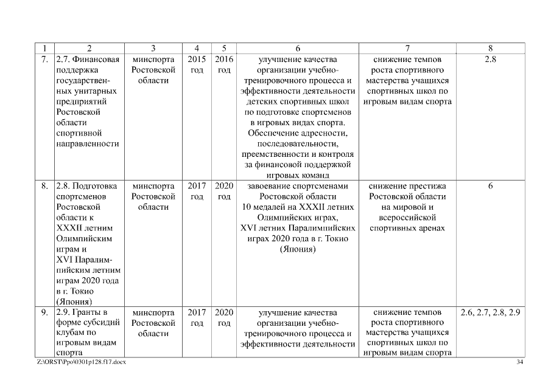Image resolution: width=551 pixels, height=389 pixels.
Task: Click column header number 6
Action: pyautogui.click(x=298, y=48)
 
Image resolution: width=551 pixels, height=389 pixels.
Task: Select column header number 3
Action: pyautogui.click(x=153, y=48)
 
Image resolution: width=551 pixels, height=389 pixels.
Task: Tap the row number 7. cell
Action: pyautogui.click(x=44, y=60)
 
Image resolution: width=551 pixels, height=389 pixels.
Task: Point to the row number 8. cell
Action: pyautogui.click(x=44, y=186)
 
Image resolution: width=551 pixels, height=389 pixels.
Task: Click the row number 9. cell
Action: pyautogui.click(x=44, y=312)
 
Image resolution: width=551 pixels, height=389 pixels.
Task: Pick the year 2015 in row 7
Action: pyautogui.click(x=197, y=60)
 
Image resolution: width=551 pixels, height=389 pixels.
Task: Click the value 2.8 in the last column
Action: pyautogui.click(x=490, y=60)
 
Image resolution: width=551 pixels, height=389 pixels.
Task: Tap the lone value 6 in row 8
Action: pyautogui.click(x=490, y=186)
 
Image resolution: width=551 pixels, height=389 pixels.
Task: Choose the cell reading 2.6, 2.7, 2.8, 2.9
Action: pyautogui.click(x=490, y=312)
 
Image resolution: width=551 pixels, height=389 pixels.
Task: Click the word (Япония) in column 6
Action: pyautogui.click(x=298, y=249)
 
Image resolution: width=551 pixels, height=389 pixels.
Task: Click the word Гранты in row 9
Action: pyautogui.click(x=90, y=312)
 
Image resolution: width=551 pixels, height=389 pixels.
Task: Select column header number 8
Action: pyautogui.click(x=490, y=48)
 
